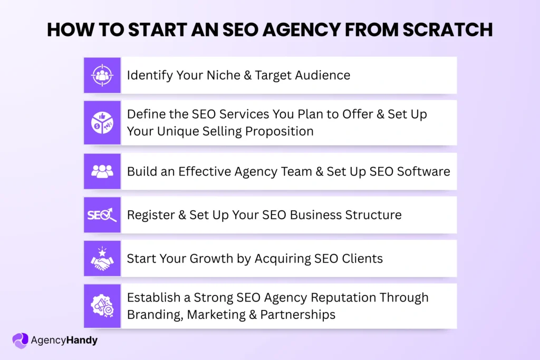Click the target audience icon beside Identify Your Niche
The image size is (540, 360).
(x=102, y=75)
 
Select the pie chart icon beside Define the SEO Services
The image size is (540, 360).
(x=102, y=122)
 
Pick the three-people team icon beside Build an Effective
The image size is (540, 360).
(x=102, y=171)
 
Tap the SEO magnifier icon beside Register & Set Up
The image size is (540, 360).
(x=102, y=215)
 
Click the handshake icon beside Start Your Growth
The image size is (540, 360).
(x=102, y=258)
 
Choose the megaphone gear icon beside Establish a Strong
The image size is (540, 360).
(x=102, y=306)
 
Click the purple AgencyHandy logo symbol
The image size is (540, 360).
(x=20, y=340)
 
